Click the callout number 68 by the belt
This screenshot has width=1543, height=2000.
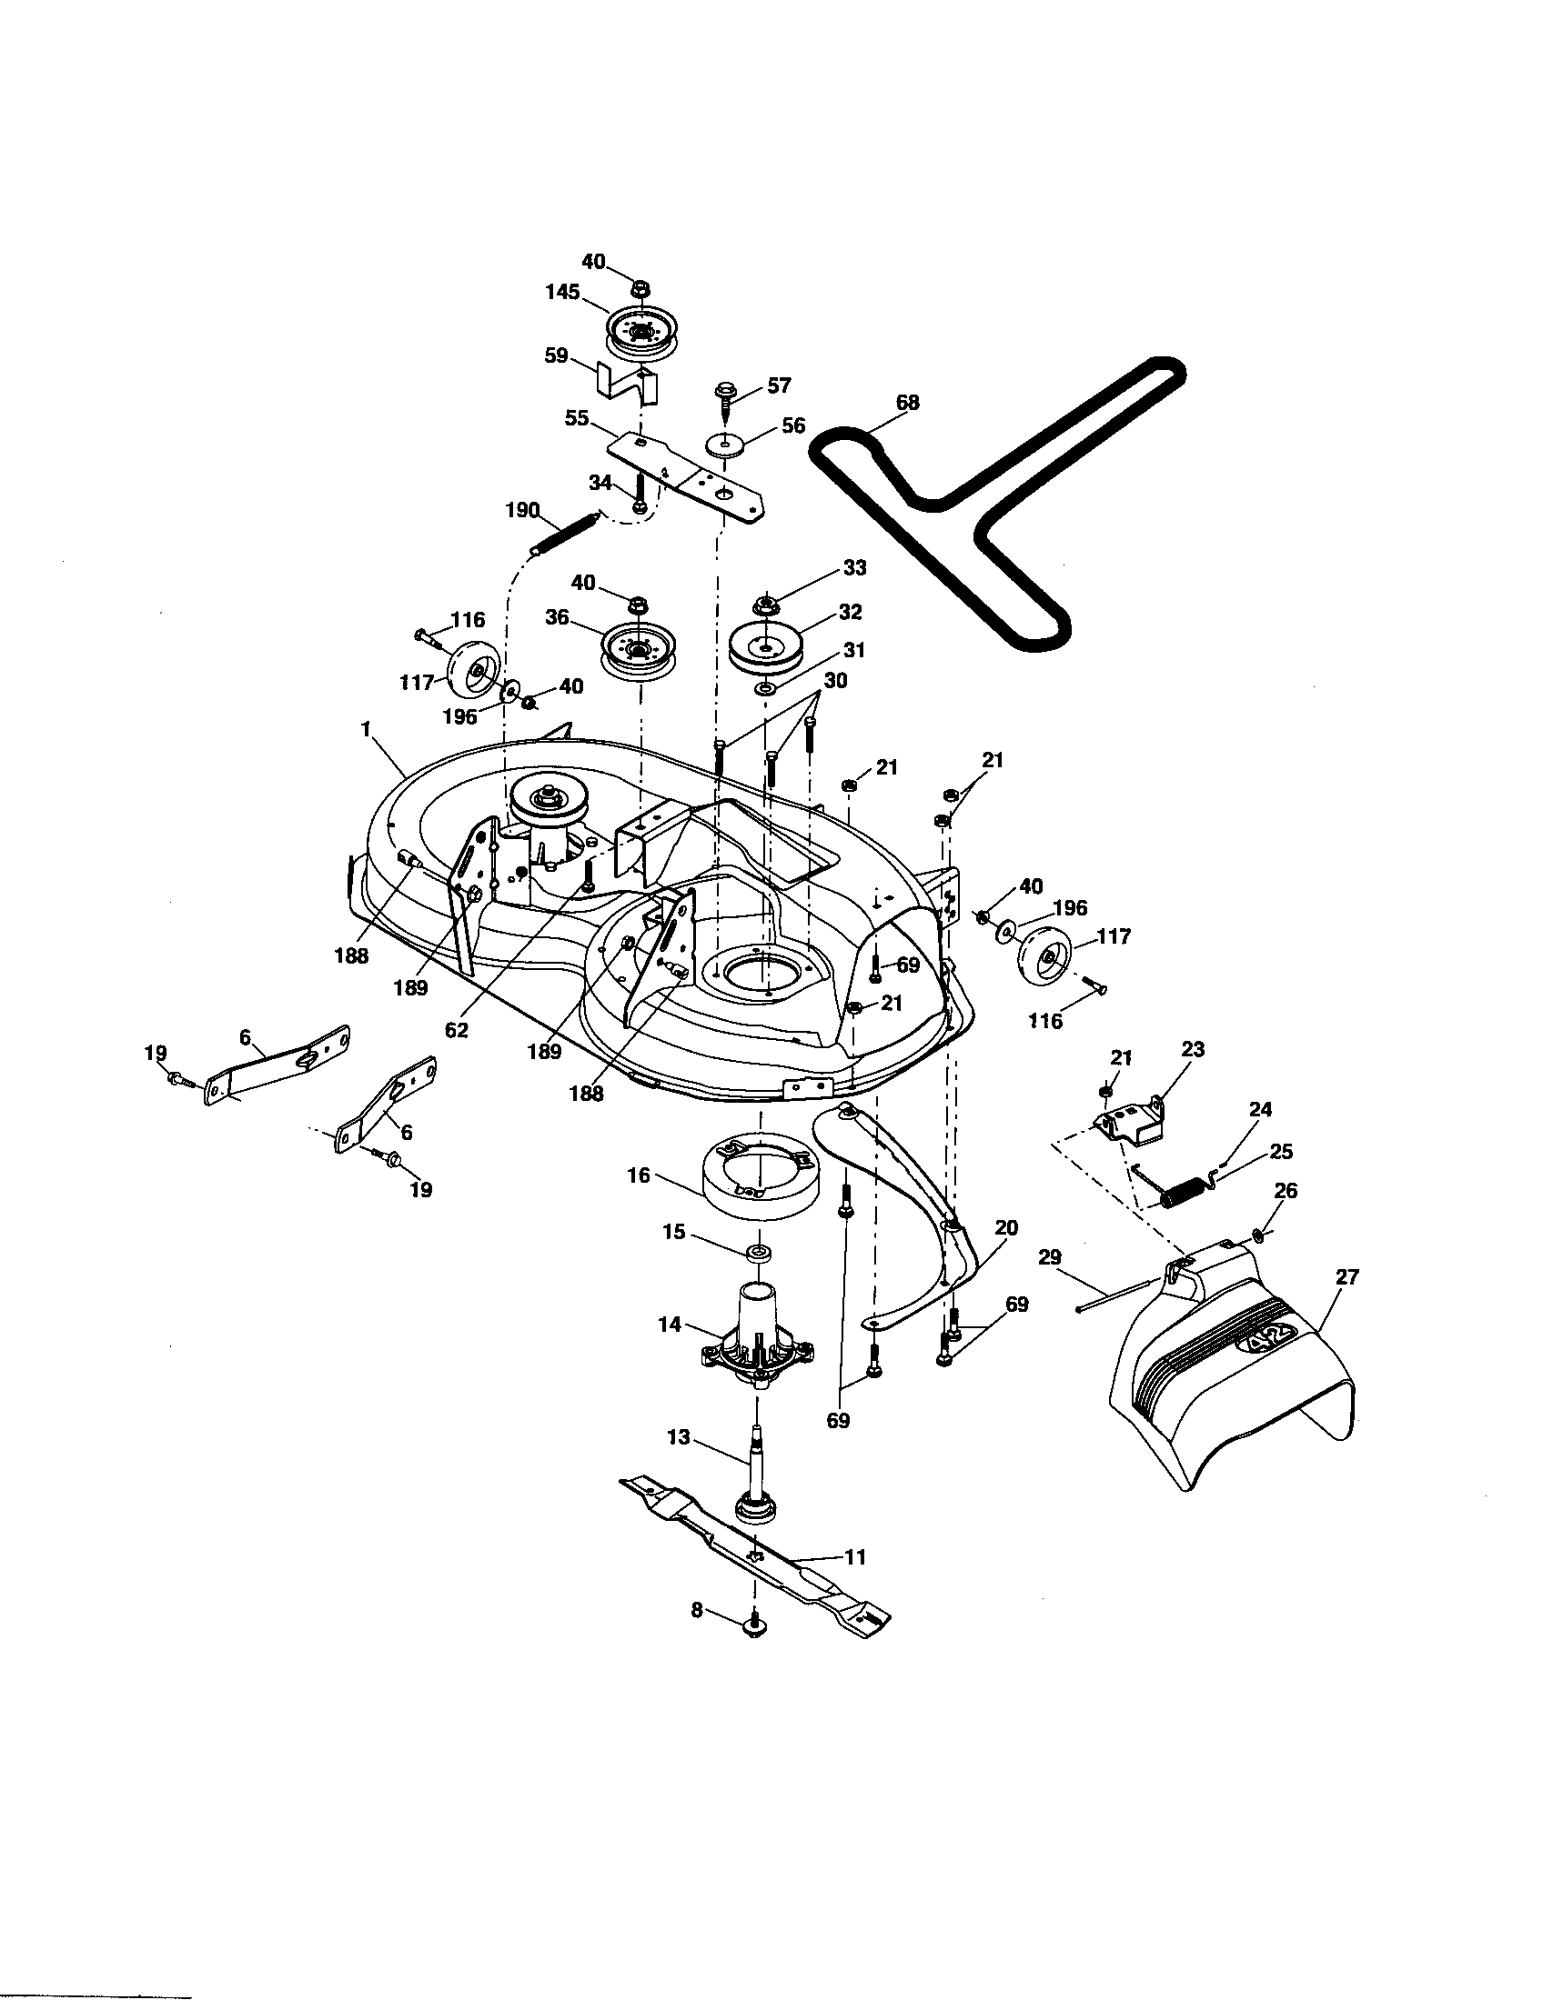click(x=907, y=403)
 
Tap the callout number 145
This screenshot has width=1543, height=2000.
click(x=562, y=292)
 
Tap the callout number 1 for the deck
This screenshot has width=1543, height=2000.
click(x=366, y=729)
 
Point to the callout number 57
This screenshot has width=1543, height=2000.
click(x=779, y=385)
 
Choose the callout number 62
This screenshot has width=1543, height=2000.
click(x=457, y=1030)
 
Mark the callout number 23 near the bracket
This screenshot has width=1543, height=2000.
click(x=1193, y=1048)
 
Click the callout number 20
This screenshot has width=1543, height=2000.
click(x=1005, y=1228)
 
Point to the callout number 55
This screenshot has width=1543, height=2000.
click(x=577, y=418)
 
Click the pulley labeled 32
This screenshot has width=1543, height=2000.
click(x=763, y=645)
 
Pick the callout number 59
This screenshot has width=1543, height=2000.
click(x=556, y=356)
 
